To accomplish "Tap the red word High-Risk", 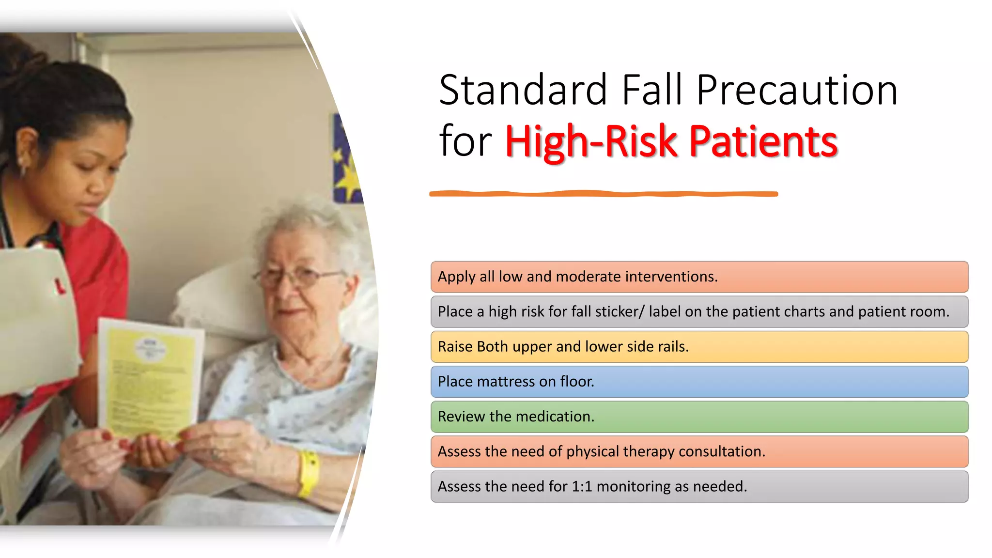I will (591, 141).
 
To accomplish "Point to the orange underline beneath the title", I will (603, 194).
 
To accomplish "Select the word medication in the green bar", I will (550, 417).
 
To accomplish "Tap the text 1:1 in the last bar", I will (582, 486).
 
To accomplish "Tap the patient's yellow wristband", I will (309, 474).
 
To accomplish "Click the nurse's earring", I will (22, 170).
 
